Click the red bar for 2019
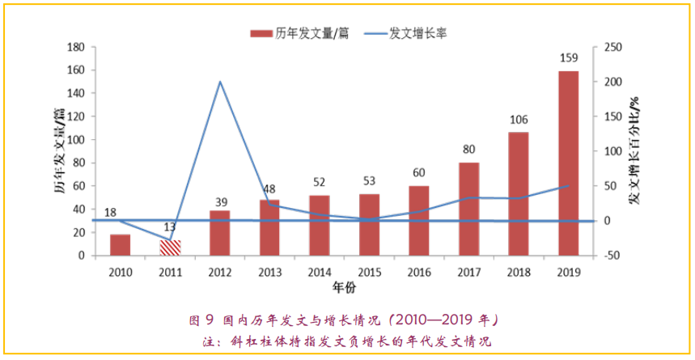(568, 163)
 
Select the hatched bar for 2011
(170, 248)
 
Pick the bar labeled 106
(519, 193)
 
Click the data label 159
(568, 58)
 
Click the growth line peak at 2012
(220, 82)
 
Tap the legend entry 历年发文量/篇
(299, 33)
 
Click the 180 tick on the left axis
(77, 47)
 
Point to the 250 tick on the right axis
(612, 47)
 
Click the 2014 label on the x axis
(319, 270)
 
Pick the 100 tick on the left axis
(77, 140)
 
